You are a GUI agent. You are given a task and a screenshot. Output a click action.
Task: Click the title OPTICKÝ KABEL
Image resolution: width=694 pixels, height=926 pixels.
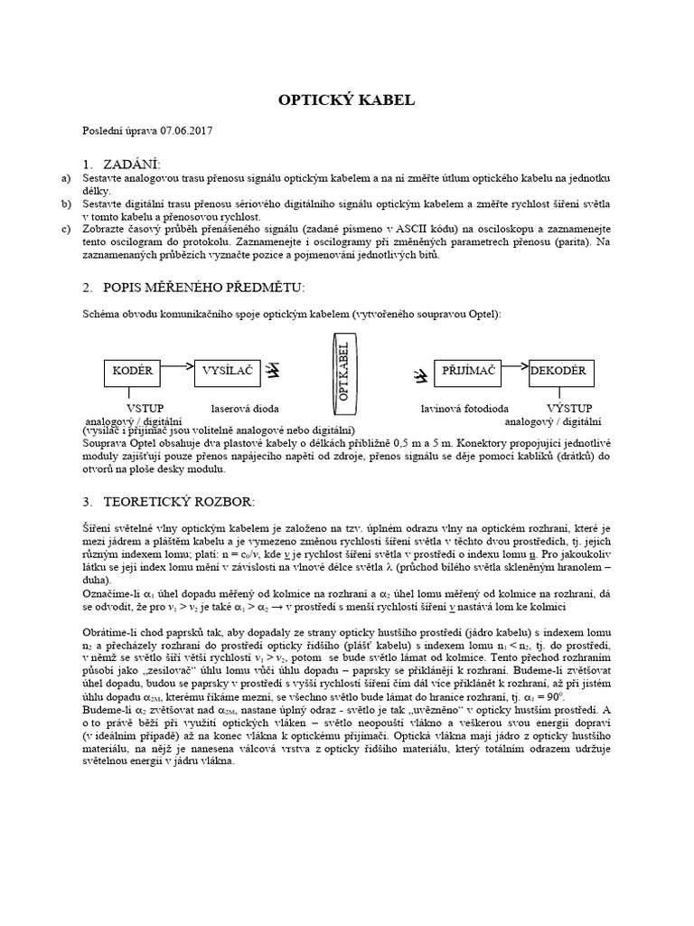[346, 100]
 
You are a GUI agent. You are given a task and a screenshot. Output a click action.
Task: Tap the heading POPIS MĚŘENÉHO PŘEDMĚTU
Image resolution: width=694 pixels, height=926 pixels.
[204, 287]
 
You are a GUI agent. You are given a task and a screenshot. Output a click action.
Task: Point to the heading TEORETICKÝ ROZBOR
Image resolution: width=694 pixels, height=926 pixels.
[183, 500]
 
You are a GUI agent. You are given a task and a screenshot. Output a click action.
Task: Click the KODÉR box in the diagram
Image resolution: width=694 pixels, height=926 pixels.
[132, 371]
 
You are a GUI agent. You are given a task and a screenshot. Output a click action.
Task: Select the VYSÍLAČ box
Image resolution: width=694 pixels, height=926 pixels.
[226, 371]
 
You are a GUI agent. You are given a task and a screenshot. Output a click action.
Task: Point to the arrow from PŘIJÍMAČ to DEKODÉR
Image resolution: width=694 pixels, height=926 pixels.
[512, 366]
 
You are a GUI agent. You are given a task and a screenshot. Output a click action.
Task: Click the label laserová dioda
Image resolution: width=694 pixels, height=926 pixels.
[245, 409]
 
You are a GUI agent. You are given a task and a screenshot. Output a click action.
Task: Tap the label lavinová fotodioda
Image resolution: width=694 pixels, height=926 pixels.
[464, 409]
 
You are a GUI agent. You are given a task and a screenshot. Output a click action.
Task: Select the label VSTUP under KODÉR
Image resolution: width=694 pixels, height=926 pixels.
[145, 409]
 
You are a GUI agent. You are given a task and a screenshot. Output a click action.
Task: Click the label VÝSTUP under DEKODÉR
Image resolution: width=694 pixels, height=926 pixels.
[567, 409]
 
